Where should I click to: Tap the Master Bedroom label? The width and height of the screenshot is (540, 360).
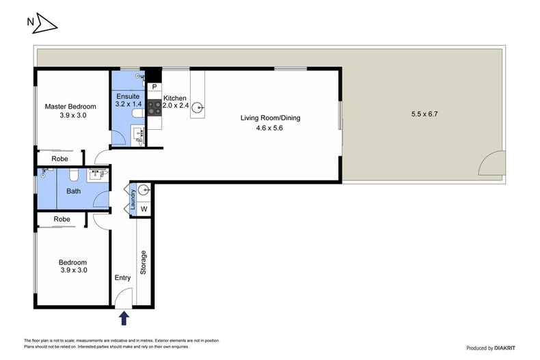click(x=70, y=107)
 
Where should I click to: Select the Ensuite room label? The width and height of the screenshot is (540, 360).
click(x=128, y=96)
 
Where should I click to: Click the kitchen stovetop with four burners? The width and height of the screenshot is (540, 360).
click(x=154, y=107)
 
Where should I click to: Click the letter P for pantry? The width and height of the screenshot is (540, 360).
click(x=154, y=87)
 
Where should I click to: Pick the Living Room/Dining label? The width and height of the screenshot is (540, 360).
click(x=271, y=117)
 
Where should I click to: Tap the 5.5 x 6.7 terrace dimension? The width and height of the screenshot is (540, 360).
click(x=424, y=114)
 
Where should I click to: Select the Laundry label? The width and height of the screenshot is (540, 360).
click(x=133, y=199)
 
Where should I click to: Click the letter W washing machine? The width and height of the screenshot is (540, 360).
click(x=144, y=209)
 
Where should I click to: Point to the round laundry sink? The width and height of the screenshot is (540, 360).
click(x=144, y=189)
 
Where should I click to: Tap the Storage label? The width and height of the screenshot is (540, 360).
click(x=144, y=262)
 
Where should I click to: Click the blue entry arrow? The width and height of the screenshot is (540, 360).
click(x=124, y=318)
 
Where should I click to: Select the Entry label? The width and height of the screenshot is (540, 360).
click(x=122, y=278)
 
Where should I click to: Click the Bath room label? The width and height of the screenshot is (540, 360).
click(x=73, y=191)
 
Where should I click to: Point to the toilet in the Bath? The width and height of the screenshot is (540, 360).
click(x=73, y=175)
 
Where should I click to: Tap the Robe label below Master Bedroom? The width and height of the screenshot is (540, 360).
click(x=59, y=158)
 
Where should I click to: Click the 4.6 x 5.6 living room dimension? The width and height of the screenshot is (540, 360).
click(x=269, y=128)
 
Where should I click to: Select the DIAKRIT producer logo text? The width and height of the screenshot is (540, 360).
click(x=505, y=348)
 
